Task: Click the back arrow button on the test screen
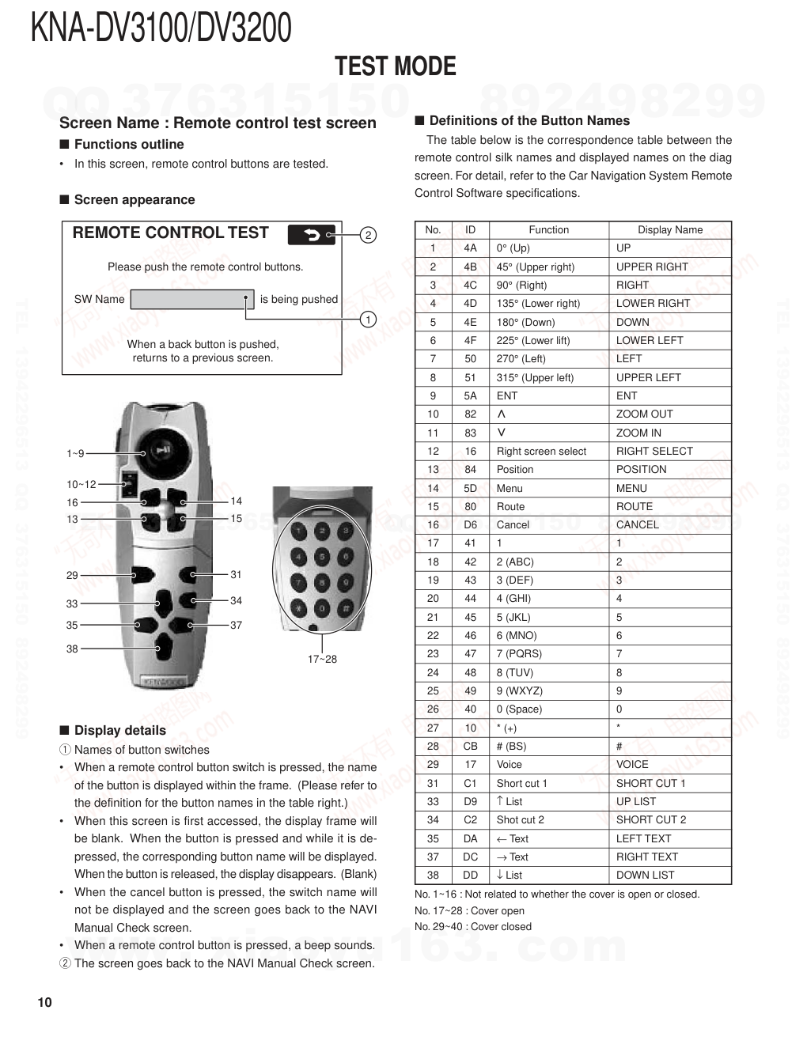tap(312, 234)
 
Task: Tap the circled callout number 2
tap(368, 235)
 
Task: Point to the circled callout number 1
tap(368, 320)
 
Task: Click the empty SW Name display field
tap(191, 299)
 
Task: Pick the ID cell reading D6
tap(471, 524)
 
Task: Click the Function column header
tap(548, 230)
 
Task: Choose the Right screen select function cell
tap(541, 451)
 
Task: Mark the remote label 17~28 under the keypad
tap(322, 659)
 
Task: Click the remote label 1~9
tap(75, 453)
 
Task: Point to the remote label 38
tap(72, 649)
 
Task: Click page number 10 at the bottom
tap(44, 1003)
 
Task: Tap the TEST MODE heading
tap(396, 66)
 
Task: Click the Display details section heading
tap(119, 730)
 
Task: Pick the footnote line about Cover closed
tap(473, 926)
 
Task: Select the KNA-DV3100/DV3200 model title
tap(161, 28)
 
